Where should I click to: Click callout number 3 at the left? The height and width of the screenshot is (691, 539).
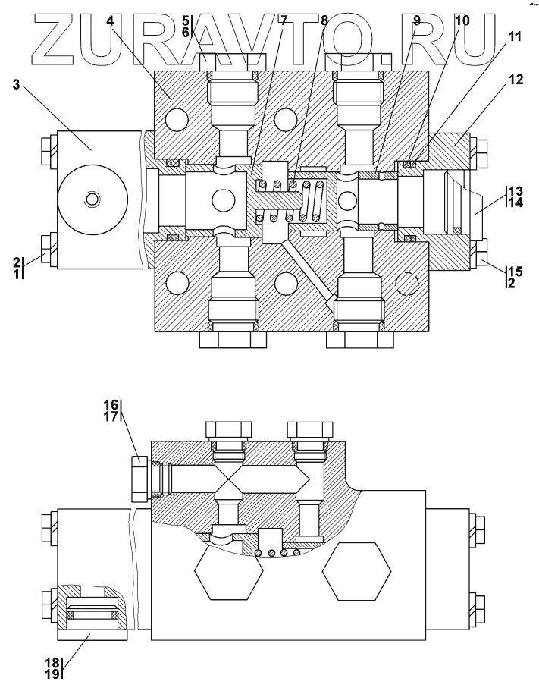16,84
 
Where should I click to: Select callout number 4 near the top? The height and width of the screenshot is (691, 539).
110,20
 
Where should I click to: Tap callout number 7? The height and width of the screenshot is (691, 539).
284,20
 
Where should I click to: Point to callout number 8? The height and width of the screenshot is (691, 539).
324,20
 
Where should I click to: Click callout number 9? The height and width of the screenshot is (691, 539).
416,20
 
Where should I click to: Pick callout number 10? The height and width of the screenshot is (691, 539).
462,20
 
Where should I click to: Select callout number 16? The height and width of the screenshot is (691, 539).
110,405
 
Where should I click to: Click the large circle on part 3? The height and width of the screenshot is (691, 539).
92,199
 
